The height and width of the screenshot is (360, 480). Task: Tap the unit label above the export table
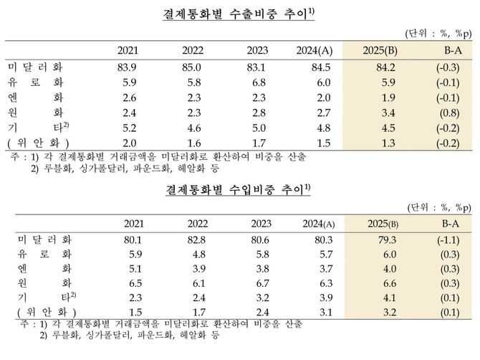click(x=437, y=33)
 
